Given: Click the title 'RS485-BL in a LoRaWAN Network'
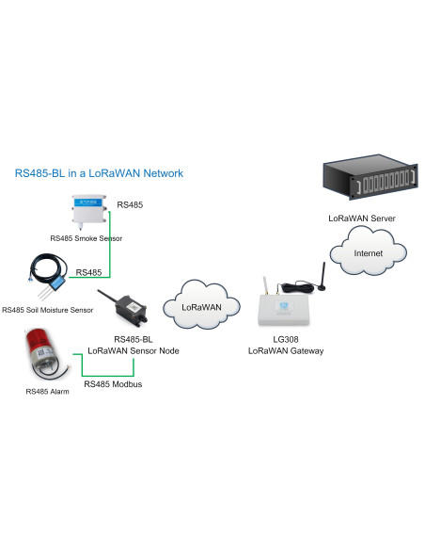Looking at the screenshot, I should (99, 173).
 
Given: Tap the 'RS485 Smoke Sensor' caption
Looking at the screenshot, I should (87, 238).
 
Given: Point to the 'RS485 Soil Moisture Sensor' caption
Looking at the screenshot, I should (48, 310).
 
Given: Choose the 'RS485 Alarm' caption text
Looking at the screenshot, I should (46, 390).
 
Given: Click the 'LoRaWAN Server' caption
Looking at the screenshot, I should (361, 218).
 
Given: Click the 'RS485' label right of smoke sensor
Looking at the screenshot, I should (130, 203).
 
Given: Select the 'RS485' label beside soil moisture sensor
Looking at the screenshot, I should (88, 272).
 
